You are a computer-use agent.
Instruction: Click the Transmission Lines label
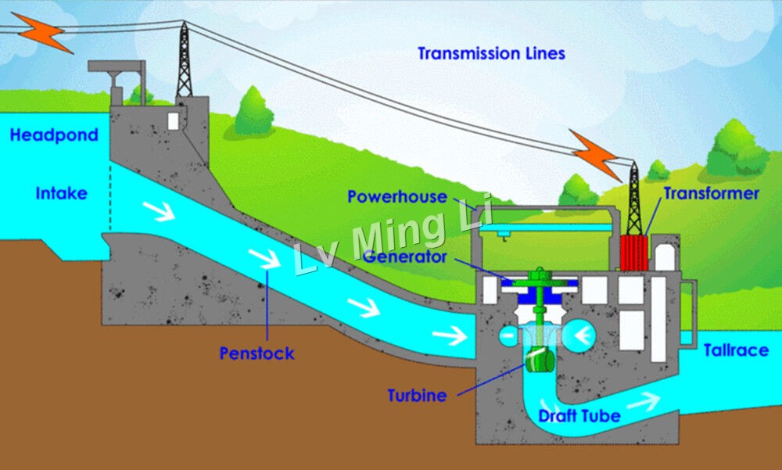coord(491,53)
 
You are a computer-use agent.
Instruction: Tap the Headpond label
coord(54,135)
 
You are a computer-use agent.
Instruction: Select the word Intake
coord(61,193)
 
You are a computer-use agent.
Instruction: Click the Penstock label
coord(256,353)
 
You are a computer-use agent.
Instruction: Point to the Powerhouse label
coord(397,196)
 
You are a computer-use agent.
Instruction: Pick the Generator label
coord(405,257)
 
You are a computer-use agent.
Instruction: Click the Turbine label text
coord(417,395)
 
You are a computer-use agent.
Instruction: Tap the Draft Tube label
coord(579,415)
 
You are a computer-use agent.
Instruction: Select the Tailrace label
coord(736,350)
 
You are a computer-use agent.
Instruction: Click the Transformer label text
coord(711,194)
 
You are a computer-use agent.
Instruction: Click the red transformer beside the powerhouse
coord(634,253)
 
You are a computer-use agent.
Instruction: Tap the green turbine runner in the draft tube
coord(540,359)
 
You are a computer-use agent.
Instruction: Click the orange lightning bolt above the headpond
coord(42,32)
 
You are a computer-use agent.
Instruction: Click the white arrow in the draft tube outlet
coord(644,401)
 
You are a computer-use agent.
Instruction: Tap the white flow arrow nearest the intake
coord(159,210)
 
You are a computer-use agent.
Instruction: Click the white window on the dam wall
coord(173,121)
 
